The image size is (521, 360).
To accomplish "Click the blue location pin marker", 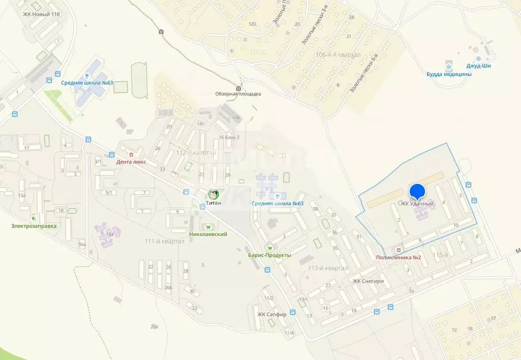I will coord(418,191).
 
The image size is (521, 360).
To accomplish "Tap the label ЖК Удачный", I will coord(417,204).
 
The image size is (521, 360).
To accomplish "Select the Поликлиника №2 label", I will coord(398,257).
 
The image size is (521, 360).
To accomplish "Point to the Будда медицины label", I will coord(449,74).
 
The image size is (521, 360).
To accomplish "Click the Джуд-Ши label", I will coord(478,66).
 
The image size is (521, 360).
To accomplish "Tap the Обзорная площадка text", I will coord(238,94).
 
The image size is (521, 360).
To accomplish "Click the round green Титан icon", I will coord(213,194).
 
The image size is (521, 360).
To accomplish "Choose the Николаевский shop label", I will coord(208,234).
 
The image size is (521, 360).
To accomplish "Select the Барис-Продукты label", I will coord(269,255).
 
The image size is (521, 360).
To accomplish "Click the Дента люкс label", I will coord(131,162).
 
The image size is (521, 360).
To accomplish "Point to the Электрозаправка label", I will coord(34,226).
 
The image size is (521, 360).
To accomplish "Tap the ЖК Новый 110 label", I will coord(41,14).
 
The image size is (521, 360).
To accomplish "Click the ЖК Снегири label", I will coord(368,281).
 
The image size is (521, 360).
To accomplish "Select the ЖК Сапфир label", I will coord(272,314).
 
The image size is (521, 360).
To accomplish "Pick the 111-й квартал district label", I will coord(164,241).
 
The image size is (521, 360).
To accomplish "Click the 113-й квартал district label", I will coord(323,268).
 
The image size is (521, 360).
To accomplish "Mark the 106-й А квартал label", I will coord(338,54).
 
